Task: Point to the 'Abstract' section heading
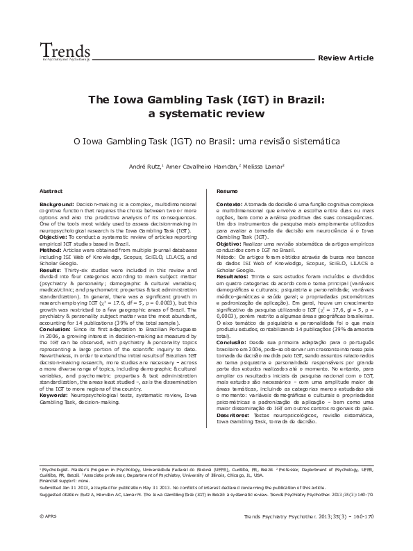(51, 190)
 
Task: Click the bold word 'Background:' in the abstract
(57, 205)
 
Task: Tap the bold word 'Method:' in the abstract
(51, 249)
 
